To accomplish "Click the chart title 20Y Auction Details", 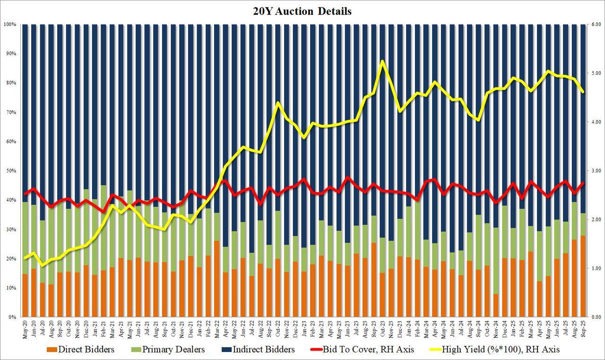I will (302, 11).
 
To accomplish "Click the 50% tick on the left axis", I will (11, 171).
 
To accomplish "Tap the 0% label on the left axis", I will (12, 317).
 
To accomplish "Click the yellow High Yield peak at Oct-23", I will (382, 61).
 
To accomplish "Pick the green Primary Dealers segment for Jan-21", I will (95, 236).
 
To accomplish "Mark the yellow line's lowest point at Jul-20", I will (43, 266).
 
